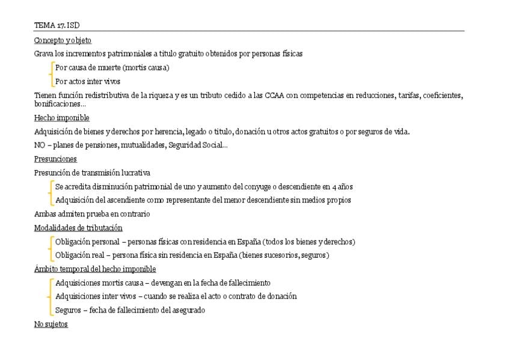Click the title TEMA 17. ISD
[57, 25]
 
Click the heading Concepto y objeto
[63, 40]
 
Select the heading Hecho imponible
[61, 118]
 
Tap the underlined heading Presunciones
[55, 159]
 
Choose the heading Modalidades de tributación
[78, 228]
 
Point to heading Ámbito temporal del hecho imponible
[95, 269]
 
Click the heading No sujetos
[51, 325]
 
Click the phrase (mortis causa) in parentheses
[146, 68]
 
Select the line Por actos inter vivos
[88, 82]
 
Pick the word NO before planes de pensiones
[40, 145]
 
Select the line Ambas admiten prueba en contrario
[92, 214]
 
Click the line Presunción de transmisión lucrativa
[92, 173]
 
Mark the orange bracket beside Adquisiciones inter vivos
[49, 296]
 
